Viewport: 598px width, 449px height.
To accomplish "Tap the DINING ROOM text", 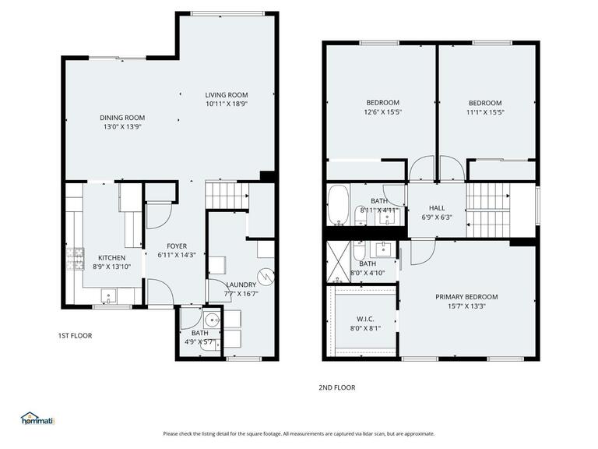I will (x=122, y=118).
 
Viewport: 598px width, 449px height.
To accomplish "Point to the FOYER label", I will (x=172, y=246).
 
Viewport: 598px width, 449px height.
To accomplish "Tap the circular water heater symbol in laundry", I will (x=267, y=276).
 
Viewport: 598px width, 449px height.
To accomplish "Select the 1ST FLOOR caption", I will (x=75, y=336).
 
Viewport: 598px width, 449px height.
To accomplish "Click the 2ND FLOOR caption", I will (x=336, y=387).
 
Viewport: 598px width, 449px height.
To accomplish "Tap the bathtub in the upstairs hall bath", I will (x=339, y=203).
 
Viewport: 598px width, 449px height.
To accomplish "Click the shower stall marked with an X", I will (x=339, y=261).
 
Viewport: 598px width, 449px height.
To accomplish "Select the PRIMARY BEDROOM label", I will (x=466, y=297).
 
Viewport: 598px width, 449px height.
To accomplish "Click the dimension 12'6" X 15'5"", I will (x=382, y=112).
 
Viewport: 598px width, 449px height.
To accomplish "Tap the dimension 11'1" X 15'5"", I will (x=484, y=112).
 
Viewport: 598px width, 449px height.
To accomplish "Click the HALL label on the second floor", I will (x=437, y=208).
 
